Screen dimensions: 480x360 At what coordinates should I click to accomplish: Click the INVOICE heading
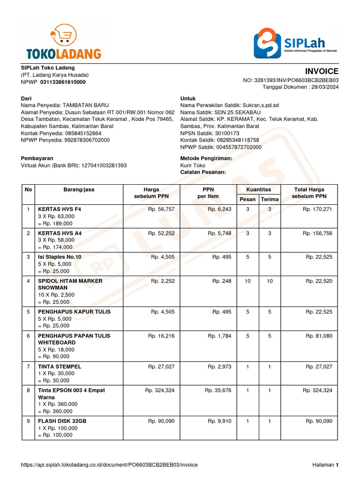(x=322, y=71)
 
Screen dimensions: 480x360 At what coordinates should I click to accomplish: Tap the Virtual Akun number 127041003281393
(x=104, y=165)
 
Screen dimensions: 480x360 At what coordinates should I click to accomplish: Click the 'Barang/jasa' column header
(x=79, y=189)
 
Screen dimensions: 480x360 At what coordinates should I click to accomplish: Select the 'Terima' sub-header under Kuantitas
(x=270, y=199)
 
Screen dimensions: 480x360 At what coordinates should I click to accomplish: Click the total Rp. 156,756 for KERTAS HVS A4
(x=317, y=233)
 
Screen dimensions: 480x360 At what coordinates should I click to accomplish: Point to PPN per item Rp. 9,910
(x=219, y=421)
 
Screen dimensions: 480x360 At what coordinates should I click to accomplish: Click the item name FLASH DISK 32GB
(x=62, y=421)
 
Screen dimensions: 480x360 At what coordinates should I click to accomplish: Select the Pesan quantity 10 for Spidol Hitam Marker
(x=247, y=281)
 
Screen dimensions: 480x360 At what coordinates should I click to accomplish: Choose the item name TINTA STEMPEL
(x=60, y=367)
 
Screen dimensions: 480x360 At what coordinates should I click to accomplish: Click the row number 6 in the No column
(x=28, y=336)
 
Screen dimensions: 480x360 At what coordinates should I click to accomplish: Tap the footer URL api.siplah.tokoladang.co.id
(x=109, y=465)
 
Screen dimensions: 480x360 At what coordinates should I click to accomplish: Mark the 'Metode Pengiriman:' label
(x=206, y=158)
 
